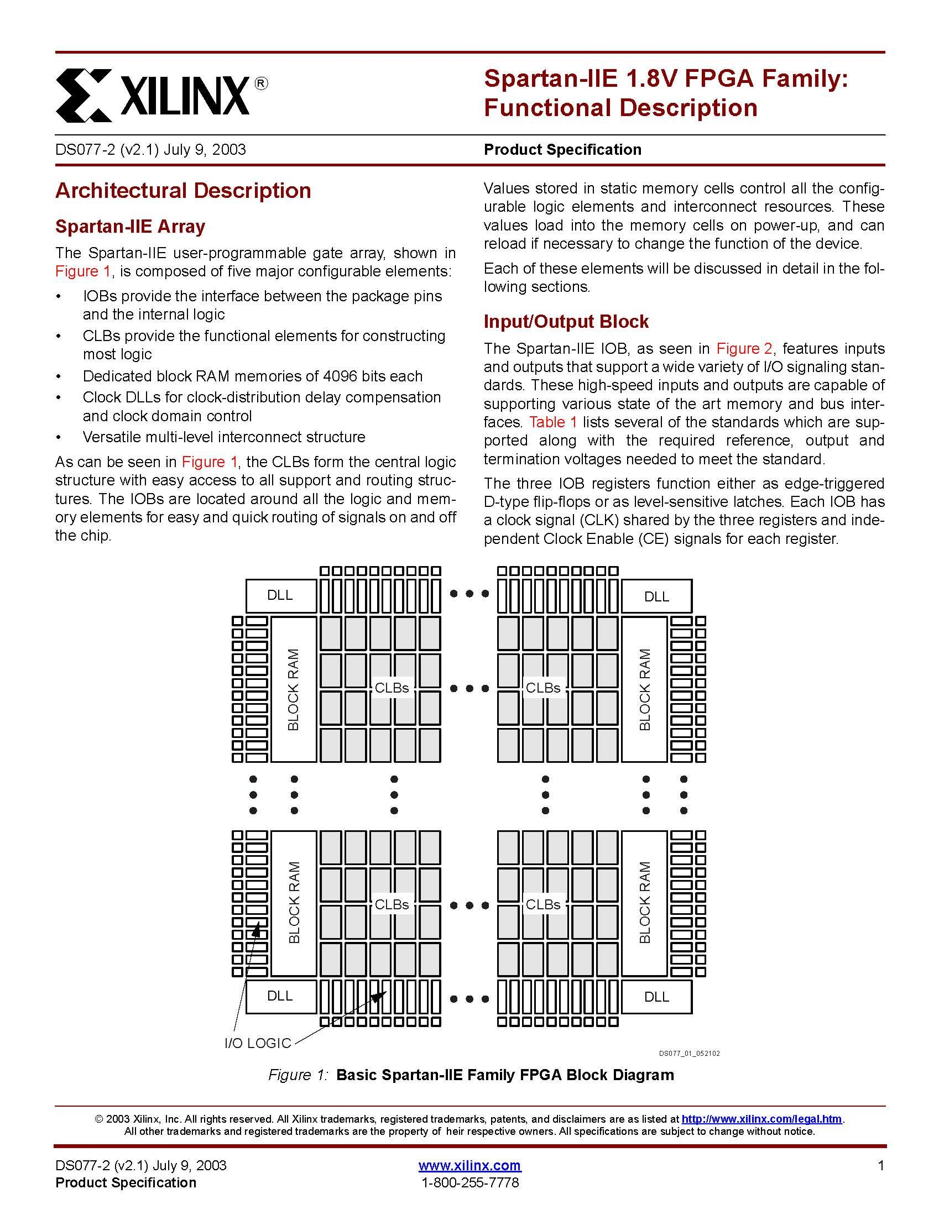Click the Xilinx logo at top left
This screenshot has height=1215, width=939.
(161, 95)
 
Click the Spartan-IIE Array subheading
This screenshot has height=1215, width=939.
(130, 227)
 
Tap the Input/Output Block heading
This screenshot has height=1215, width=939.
(566, 322)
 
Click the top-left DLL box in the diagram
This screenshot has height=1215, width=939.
(280, 595)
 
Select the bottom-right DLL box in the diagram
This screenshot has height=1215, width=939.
(656, 997)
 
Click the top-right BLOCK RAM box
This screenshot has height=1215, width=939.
(644, 689)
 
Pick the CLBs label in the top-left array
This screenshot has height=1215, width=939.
(392, 688)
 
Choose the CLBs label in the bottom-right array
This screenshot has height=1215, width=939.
(542, 904)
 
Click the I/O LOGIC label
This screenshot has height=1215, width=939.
(258, 1043)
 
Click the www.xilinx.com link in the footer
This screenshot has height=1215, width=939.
(469, 1165)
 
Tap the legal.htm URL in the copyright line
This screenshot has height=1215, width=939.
(761, 1119)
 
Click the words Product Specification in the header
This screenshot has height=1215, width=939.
(562, 150)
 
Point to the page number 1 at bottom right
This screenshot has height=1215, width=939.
(880, 1165)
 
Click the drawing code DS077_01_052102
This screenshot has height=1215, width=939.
(689, 1053)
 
